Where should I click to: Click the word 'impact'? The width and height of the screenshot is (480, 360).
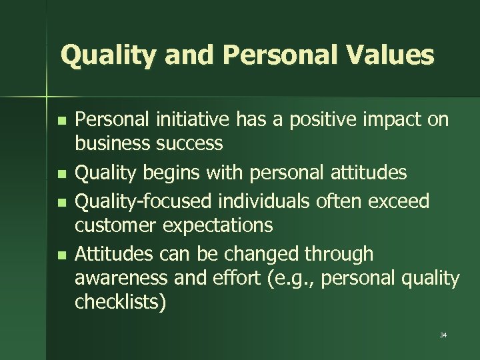[x=389, y=120]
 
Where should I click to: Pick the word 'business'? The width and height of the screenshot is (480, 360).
[x=113, y=144]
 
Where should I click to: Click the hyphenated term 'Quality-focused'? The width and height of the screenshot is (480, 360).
[x=143, y=201]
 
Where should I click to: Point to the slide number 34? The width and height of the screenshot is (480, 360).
[x=443, y=335]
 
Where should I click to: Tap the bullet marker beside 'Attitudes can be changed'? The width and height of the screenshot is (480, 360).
[x=61, y=255]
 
